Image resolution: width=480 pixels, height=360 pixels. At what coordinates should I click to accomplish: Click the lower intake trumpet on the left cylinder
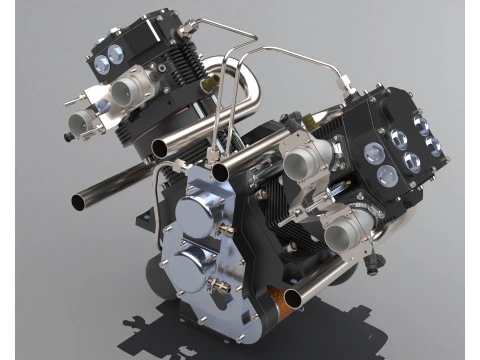click(x=80, y=122)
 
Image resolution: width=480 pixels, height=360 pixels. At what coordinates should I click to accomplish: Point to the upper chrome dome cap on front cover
click(x=194, y=213)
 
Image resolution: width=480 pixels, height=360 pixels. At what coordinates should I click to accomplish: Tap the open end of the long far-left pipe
click(x=78, y=201)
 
